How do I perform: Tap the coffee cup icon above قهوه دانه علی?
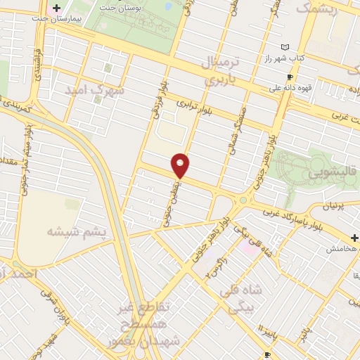click(289, 77)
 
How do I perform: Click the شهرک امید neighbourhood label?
click(94, 91)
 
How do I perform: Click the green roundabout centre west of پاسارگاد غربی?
click(243, 200)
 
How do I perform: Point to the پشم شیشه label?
click(77, 231)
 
